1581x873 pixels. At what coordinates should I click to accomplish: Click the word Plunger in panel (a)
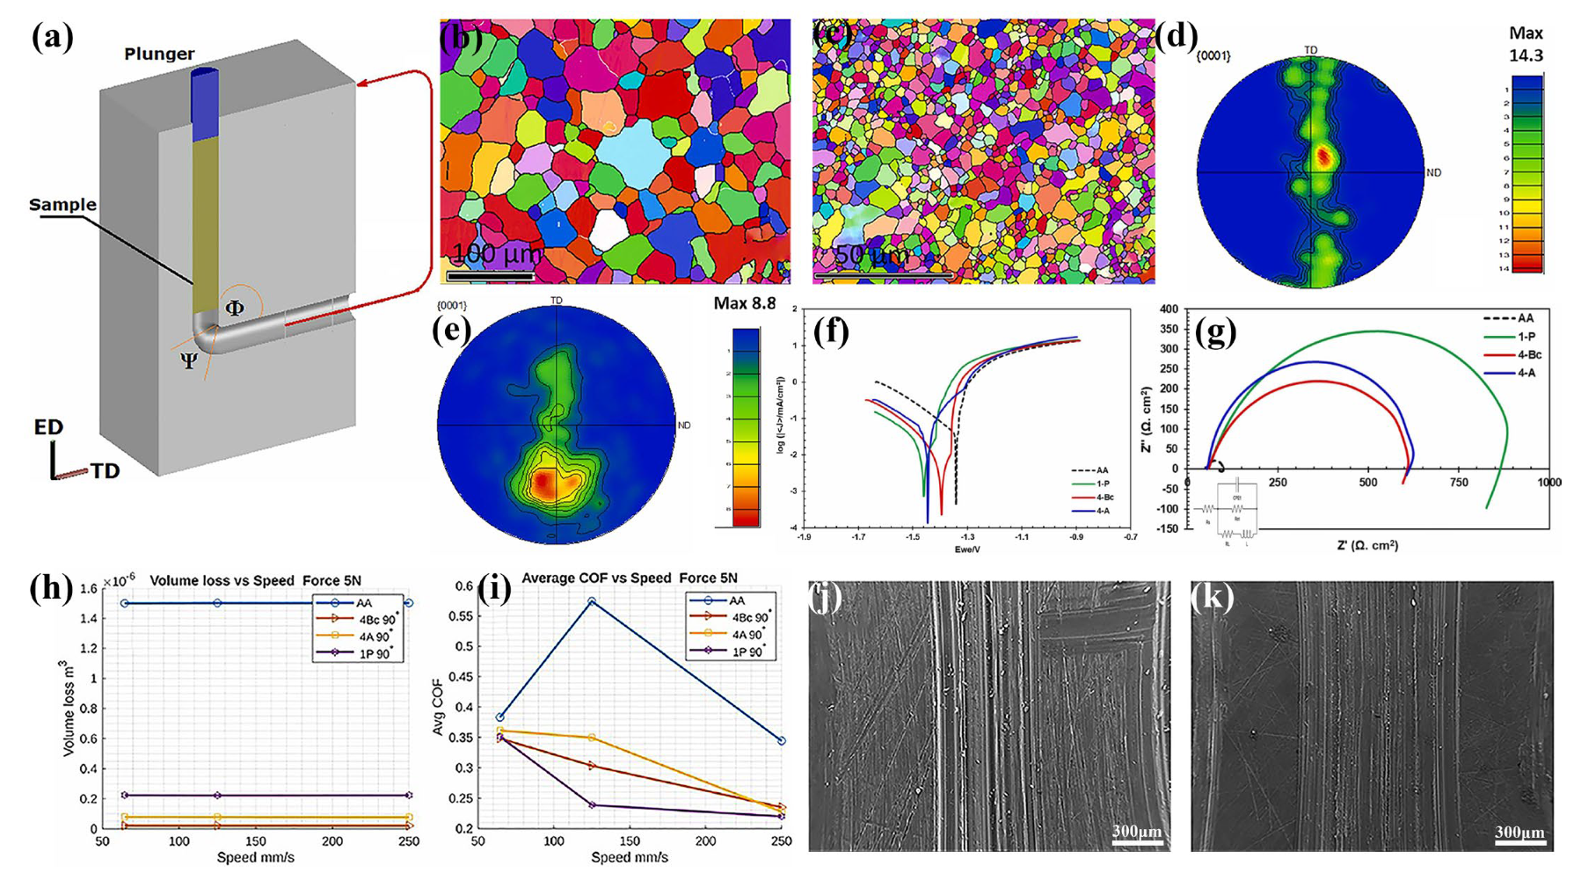coord(159,54)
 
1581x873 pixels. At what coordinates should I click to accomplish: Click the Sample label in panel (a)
coord(62,205)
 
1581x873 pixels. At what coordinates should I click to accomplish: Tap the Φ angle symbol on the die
coord(235,309)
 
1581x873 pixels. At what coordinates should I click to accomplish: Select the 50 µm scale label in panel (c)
coord(859,257)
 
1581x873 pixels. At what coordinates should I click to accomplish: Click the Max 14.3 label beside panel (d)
coord(1526,44)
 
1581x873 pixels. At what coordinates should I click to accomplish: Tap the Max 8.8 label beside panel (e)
coord(745,303)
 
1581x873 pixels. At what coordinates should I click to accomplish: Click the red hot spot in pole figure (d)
coord(1323,157)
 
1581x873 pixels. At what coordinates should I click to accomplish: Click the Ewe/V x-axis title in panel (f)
coord(967,549)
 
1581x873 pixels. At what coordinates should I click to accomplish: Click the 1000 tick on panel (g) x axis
coord(1548,483)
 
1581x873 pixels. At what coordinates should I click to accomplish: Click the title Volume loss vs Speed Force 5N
coord(256,580)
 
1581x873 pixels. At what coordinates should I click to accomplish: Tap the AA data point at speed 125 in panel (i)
coord(592,601)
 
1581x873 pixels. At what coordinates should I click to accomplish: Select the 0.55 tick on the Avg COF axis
coord(462,616)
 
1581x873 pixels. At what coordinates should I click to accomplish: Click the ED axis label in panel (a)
coord(48,428)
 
